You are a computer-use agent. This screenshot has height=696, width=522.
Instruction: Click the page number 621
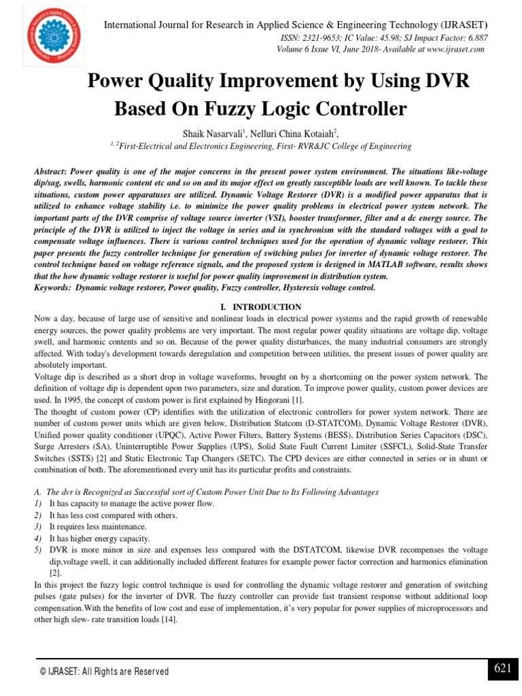pyautogui.click(x=503, y=669)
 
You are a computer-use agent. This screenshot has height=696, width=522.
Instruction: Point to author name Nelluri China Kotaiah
pyautogui.click(x=290, y=134)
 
